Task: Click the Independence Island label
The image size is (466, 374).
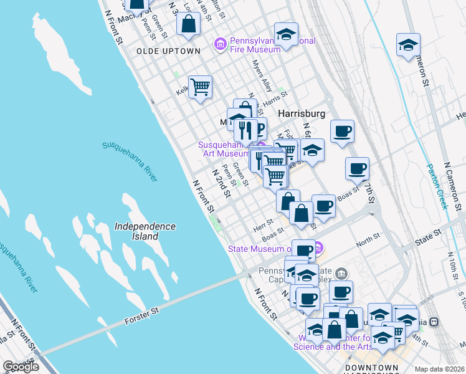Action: coord(145,231)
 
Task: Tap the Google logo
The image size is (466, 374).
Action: coord(20,367)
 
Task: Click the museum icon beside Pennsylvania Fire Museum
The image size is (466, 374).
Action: coord(220,44)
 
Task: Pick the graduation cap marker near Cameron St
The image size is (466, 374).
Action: coord(408,45)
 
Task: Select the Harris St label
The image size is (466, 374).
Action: coord(275,98)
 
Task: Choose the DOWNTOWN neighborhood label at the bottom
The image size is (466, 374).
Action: coord(371,367)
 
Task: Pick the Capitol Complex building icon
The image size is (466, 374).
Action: coord(341,273)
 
